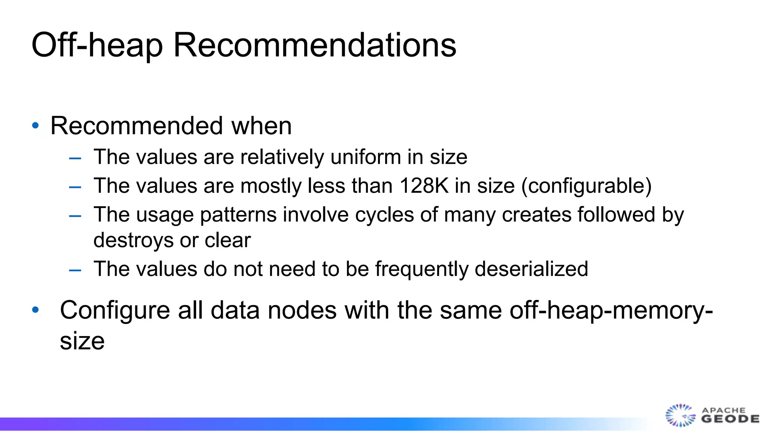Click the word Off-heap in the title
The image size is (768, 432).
click(97, 45)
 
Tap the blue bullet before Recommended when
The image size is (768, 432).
click(36, 126)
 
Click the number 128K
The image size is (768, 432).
click(424, 186)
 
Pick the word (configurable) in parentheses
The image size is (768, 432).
click(586, 186)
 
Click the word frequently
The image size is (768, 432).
click(421, 269)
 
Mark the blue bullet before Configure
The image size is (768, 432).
click(36, 310)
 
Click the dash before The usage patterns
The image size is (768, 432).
click(75, 216)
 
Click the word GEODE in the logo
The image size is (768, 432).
click(730, 419)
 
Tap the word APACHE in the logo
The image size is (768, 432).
click(723, 410)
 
